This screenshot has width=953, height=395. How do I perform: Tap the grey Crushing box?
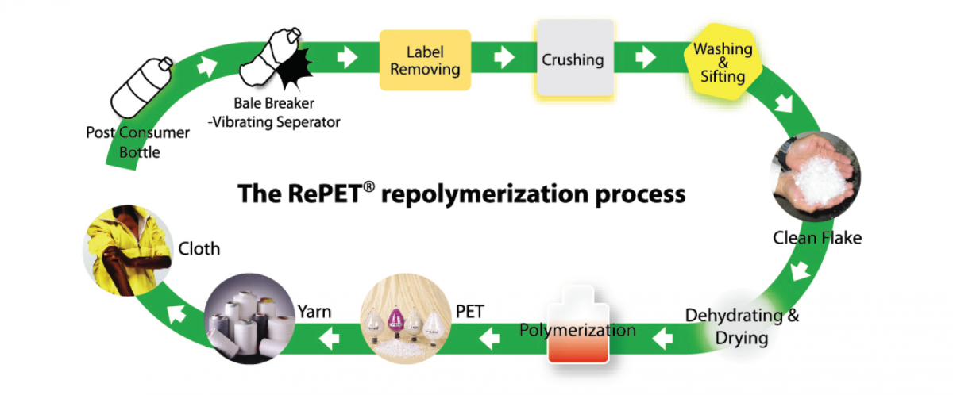click(573, 59)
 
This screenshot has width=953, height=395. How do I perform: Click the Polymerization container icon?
click(577, 328)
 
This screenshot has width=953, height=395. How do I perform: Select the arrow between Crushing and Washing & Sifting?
click(646, 59)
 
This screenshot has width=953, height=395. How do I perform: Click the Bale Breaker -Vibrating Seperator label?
click(283, 113)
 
